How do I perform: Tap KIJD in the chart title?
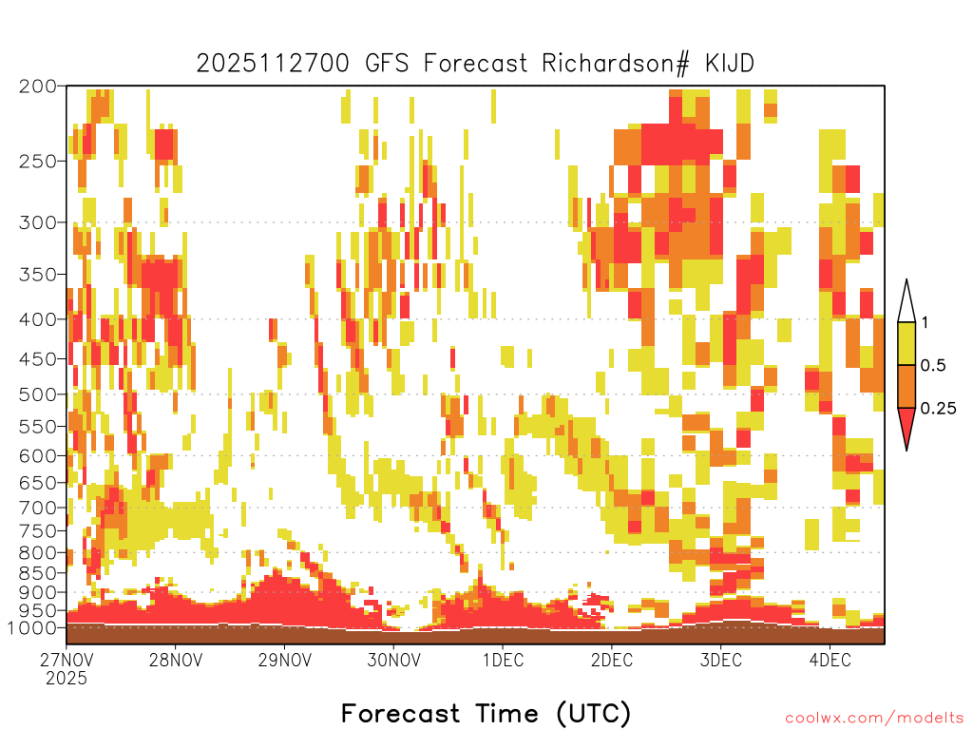coord(730,64)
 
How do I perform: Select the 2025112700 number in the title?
coord(273,64)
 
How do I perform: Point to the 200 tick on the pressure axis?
coord(37,86)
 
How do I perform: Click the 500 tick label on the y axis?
coord(37,394)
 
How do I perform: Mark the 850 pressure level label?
coord(37,572)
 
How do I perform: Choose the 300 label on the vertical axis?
coord(37,222)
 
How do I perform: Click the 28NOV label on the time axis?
coord(176,660)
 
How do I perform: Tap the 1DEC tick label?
coord(504,660)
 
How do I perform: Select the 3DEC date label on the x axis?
coord(721,660)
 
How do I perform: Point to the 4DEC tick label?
coord(830,660)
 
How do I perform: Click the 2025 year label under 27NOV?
coord(67,678)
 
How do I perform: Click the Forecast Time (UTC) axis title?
coord(486,714)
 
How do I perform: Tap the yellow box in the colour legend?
coord(906,343)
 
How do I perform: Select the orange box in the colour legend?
coord(906,386)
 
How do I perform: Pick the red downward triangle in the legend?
coord(906,427)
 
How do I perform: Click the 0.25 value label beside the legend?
coord(938,408)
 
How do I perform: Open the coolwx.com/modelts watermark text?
coord(870,719)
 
